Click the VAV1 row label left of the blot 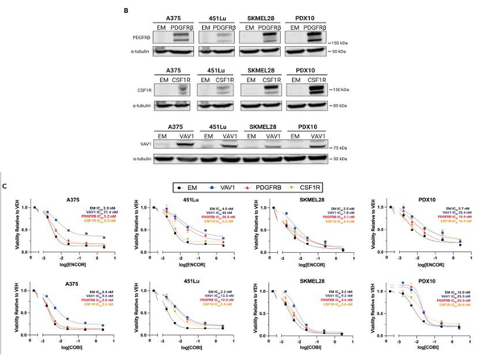(x=145, y=146)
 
